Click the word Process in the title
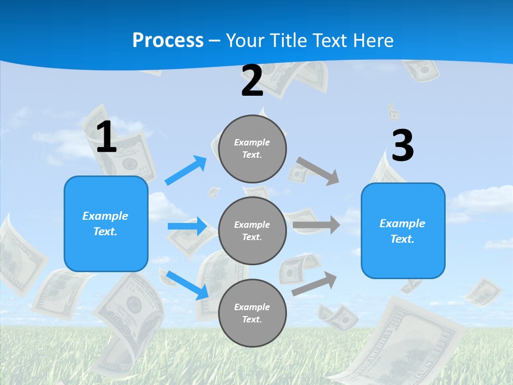point(168,41)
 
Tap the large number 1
point(106,137)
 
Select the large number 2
point(252,81)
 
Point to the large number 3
point(402,145)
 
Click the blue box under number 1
point(106,224)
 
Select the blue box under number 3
point(403,231)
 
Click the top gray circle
point(252,149)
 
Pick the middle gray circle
point(252,230)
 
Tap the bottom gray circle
point(252,313)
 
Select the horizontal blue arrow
point(187,226)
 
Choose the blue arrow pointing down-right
point(188,284)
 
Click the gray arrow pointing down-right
point(318,171)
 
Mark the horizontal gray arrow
point(316,225)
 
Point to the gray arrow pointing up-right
point(315,283)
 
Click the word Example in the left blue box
point(105,216)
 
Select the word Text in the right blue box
point(401,239)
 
